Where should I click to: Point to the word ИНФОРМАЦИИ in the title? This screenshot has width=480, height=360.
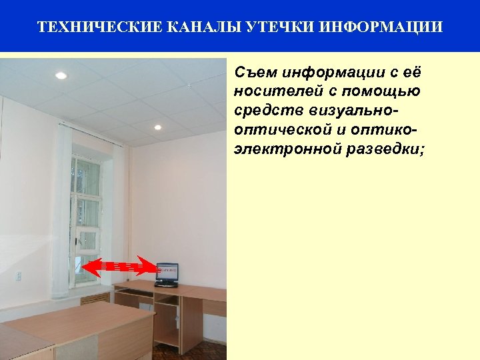[x=381, y=27]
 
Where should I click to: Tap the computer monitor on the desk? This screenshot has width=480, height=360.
[x=167, y=272]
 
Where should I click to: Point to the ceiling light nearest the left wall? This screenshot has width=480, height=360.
[x=61, y=76]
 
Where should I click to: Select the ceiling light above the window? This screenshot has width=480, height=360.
[x=157, y=127]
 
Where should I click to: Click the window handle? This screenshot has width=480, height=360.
[x=78, y=242]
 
